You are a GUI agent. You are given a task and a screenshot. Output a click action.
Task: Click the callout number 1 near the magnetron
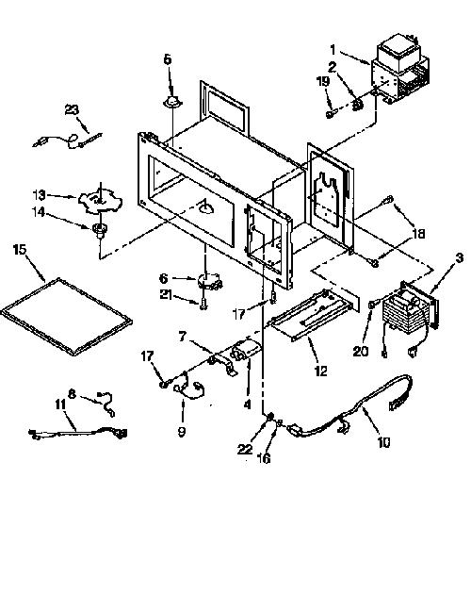(333, 49)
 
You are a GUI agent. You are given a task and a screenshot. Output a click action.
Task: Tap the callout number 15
(20, 249)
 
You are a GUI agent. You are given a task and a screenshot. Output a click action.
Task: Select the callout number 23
(72, 110)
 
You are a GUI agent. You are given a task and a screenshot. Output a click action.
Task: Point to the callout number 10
(383, 442)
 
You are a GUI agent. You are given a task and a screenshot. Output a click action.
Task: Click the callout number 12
(320, 371)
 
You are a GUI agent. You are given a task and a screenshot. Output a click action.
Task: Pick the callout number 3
(460, 257)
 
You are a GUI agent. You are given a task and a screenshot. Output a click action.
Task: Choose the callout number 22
(245, 449)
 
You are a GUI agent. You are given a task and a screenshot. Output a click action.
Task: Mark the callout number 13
(39, 195)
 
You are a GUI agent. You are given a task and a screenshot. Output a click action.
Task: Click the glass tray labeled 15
(67, 316)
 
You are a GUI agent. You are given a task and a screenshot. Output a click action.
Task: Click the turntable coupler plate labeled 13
(100, 201)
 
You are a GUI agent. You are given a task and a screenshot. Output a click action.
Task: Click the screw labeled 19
(330, 114)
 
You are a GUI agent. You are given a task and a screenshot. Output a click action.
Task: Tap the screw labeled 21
(203, 305)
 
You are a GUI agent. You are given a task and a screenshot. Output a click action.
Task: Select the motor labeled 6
(209, 281)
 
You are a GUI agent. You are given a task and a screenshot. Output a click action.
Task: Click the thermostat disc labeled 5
(172, 102)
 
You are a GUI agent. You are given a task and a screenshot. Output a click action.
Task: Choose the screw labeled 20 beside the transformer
(372, 304)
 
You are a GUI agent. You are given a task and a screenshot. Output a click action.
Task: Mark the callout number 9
(182, 432)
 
